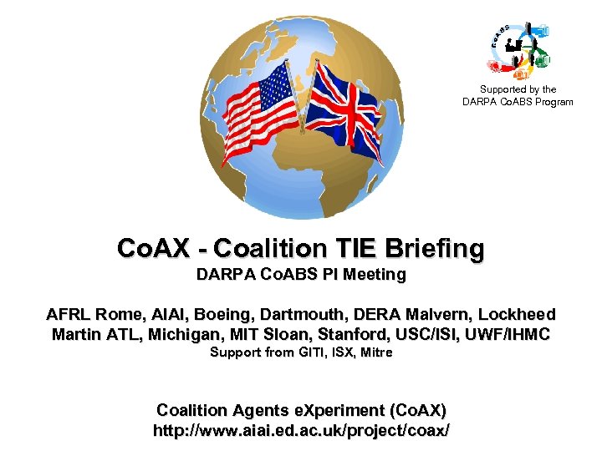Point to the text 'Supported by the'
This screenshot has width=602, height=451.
tap(518, 89)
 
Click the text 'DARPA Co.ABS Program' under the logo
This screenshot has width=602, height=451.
tap(518, 102)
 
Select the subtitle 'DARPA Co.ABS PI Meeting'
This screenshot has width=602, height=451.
tap(301, 274)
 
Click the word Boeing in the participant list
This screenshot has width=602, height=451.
tap(227, 315)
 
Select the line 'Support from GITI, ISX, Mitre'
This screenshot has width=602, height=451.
tap(301, 352)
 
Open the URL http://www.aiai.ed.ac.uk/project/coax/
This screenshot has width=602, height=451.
tap(301, 431)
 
